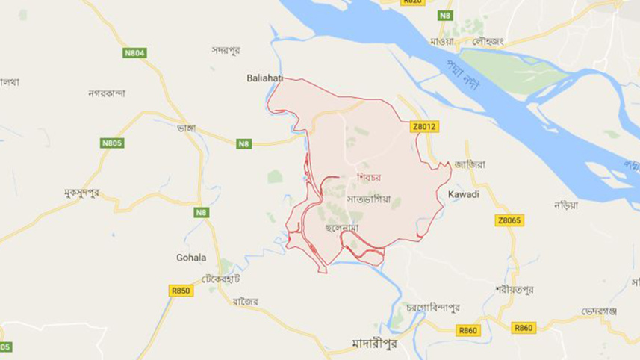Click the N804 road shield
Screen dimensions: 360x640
tap(135, 52)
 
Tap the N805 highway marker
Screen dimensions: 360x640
tap(112, 143)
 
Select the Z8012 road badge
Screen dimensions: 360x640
tap(423, 127)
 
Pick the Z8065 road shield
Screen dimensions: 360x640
tap(509, 220)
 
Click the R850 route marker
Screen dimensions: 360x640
tap(181, 291)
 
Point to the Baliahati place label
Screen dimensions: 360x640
tap(265, 77)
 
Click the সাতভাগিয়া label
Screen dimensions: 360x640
tap(369, 199)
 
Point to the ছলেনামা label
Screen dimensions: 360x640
tap(344, 226)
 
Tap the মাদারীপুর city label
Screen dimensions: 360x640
tap(376, 343)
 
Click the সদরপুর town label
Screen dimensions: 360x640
tap(229, 50)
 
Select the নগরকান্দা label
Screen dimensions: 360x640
tap(107, 93)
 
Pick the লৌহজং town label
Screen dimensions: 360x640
tap(488, 41)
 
